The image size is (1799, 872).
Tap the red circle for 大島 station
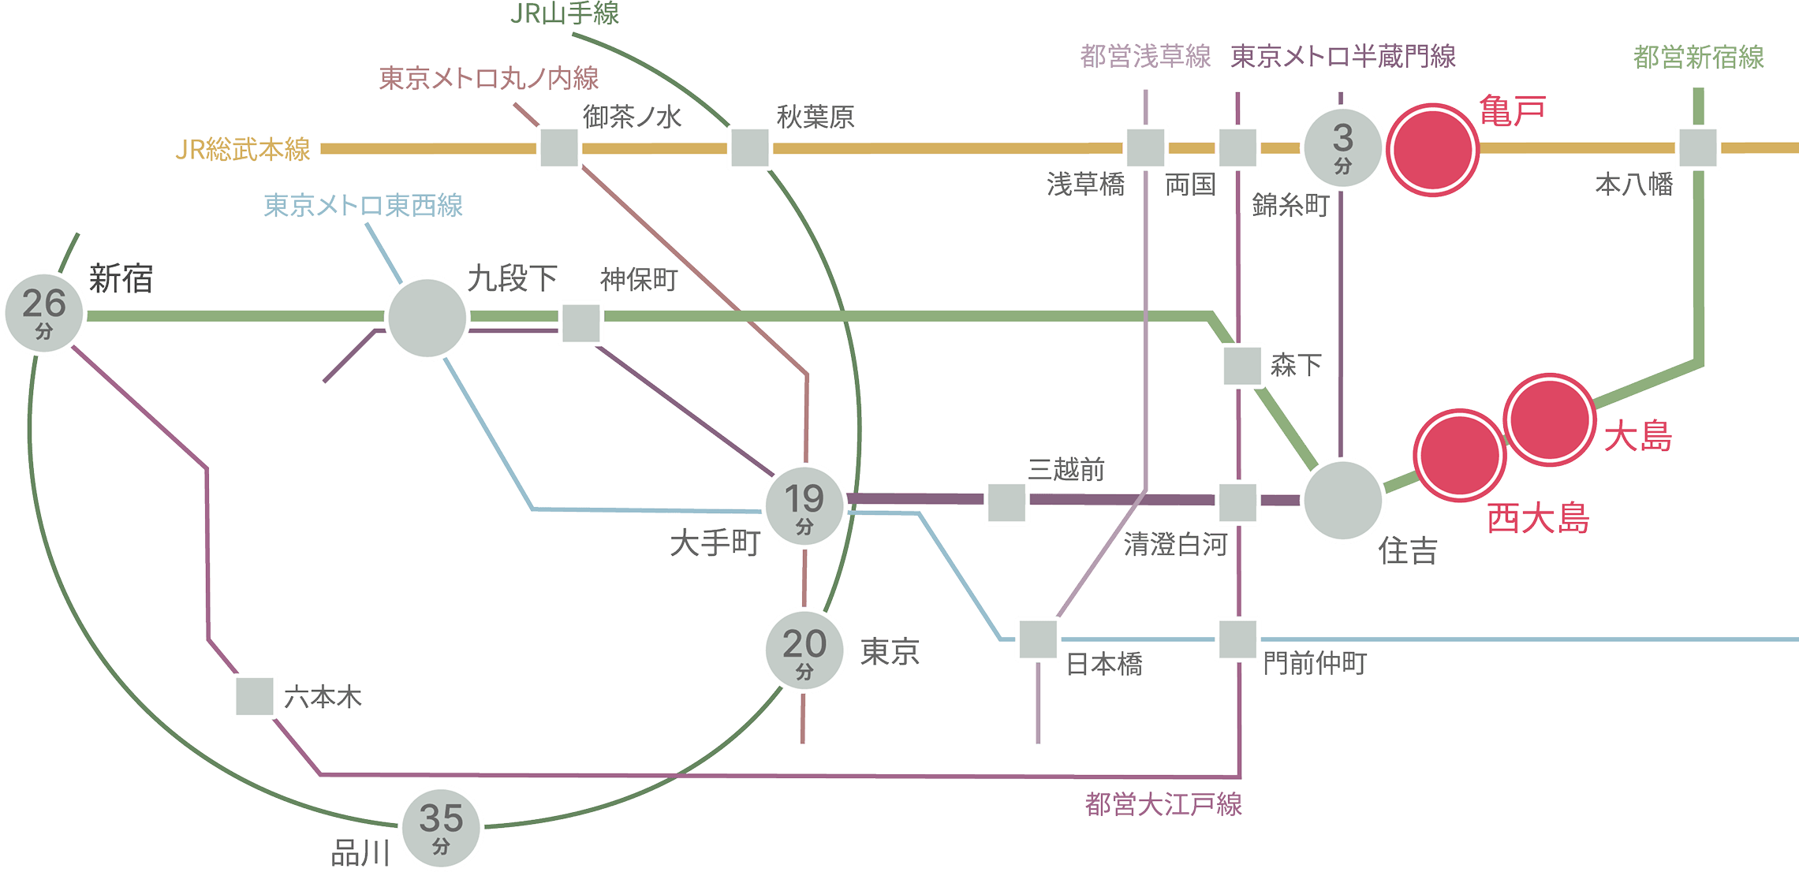pyautogui.click(x=1549, y=420)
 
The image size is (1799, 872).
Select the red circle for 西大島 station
pyautogui.click(x=1459, y=455)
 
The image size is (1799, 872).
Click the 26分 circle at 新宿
pyautogui.click(x=44, y=312)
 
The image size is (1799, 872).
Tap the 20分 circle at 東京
pyautogui.click(x=804, y=650)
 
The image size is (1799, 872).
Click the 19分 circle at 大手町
pyautogui.click(x=804, y=505)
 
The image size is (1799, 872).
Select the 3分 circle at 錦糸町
pyautogui.click(x=1342, y=147)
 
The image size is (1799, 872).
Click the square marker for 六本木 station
pyautogui.click(x=255, y=696)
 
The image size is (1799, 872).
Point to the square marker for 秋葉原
pyautogui.click(x=749, y=147)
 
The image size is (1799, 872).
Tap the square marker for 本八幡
pyautogui.click(x=1698, y=147)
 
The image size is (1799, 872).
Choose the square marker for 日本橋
pyautogui.click(x=1037, y=639)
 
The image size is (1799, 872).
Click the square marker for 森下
pyautogui.click(x=1242, y=365)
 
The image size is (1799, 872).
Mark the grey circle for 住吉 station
pyautogui.click(x=1342, y=501)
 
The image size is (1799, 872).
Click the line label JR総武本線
pyautogui.click(x=243, y=149)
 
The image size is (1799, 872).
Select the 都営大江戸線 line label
pyautogui.click(x=1163, y=804)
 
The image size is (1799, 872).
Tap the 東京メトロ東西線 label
pyautogui.click(x=363, y=206)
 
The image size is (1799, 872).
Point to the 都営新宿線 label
pyautogui.click(x=1698, y=57)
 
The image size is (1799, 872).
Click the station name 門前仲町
pyautogui.click(x=1314, y=663)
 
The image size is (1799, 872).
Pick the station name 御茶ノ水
pyautogui.click(x=632, y=117)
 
